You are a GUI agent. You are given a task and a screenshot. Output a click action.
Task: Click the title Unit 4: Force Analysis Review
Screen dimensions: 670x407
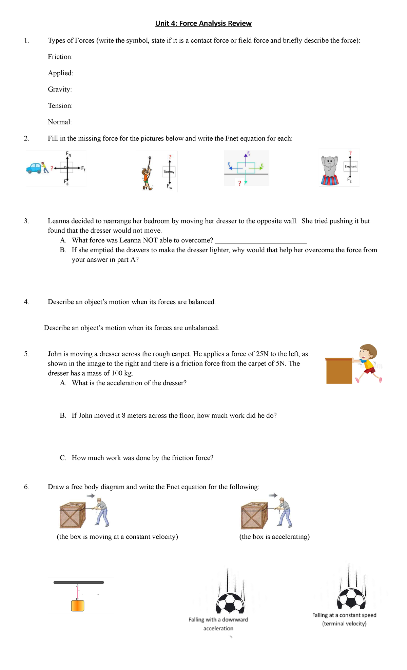[x=203, y=23]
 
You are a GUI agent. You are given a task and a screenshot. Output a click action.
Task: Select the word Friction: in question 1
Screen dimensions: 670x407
[x=60, y=57]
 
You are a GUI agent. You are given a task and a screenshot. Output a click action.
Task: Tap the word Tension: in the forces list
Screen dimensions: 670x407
[x=60, y=105]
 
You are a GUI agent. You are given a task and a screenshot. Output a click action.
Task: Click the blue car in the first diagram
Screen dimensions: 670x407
[x=34, y=168]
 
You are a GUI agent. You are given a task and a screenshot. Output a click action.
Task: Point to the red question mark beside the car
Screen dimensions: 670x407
[x=52, y=168]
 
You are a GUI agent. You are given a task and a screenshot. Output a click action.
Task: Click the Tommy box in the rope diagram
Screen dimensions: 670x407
[x=169, y=172]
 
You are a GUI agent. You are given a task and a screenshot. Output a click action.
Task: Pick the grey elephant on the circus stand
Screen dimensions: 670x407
[x=330, y=166]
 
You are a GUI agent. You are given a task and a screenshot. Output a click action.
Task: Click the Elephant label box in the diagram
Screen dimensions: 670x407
[x=350, y=166]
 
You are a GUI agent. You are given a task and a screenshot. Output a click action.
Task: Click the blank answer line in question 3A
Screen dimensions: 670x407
[x=261, y=241]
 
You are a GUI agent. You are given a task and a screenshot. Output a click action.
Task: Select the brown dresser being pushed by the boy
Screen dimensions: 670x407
[x=339, y=371]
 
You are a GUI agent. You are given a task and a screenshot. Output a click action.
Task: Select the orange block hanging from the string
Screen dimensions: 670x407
[x=78, y=606]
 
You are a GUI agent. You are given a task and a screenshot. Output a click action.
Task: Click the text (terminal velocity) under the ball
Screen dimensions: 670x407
[x=344, y=624]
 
